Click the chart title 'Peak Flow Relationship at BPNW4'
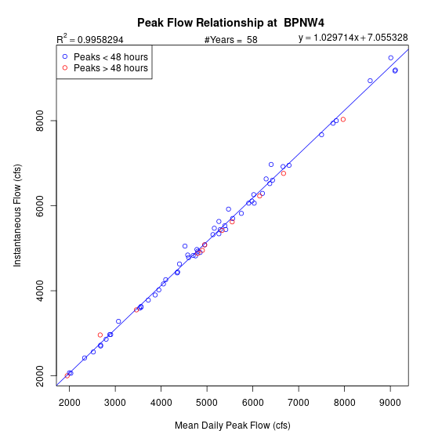[x=230, y=23]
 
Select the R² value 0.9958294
[x=100, y=40]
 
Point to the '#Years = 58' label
[x=231, y=40]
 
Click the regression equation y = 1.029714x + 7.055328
[x=353, y=38]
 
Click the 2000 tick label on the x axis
[x=70, y=403]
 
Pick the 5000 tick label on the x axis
[x=207, y=403]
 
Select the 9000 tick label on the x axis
[x=390, y=403]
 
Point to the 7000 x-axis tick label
[x=299, y=403]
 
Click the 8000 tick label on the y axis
[x=40, y=121]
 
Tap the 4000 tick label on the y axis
[x=40, y=291]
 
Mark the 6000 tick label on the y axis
[x=40, y=205]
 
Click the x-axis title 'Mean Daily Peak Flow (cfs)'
[x=233, y=426]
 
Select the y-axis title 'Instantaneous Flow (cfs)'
[x=17, y=215]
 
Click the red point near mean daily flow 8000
[x=343, y=119]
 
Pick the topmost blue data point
[x=391, y=58]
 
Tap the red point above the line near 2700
[x=100, y=335]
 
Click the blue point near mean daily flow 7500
[x=321, y=135]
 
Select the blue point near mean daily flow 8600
[x=370, y=81]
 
